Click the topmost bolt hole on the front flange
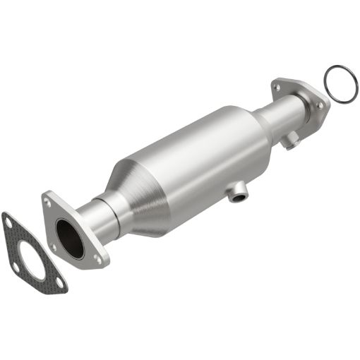click(48, 202)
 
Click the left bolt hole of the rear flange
click(277, 88)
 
